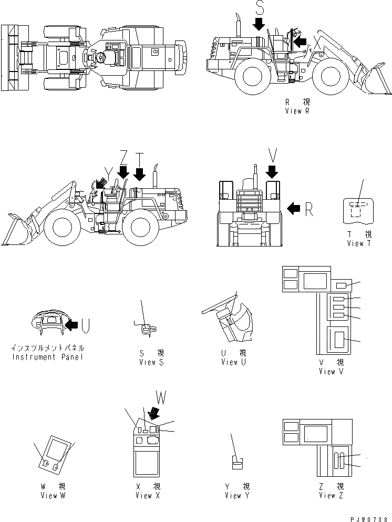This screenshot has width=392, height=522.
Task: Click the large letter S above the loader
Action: pos(259,8)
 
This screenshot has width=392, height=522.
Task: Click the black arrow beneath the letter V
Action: pos(272,171)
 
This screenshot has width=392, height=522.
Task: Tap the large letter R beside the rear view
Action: pos(308,209)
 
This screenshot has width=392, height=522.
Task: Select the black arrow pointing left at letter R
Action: pos(294,209)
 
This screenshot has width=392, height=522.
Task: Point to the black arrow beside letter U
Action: pos(71,326)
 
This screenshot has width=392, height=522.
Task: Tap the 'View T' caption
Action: pos(359,243)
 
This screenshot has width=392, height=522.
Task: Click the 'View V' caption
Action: pos(332,371)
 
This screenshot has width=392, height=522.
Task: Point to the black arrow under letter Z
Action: pos(123,172)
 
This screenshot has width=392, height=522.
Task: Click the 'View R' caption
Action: pos(301,111)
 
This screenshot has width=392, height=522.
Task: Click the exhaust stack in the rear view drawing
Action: pos(255,176)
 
